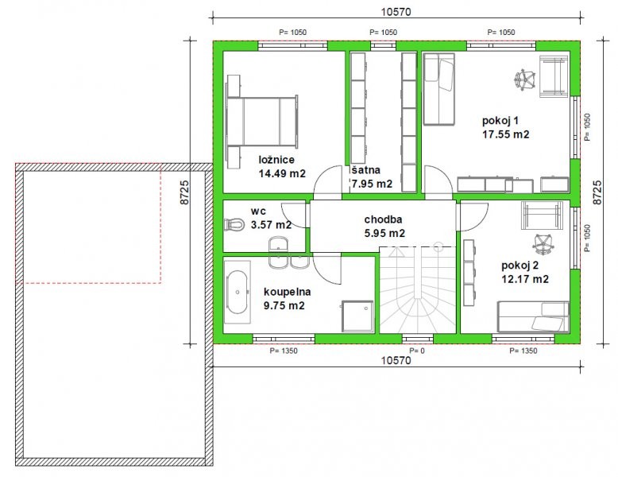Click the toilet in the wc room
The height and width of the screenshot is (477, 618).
234,224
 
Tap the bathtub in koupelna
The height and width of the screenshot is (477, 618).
238,292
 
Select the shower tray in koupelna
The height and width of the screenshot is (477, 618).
357,316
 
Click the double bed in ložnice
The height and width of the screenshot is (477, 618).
262,122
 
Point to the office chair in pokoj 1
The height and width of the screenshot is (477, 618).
524,80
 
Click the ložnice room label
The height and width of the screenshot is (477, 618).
276,160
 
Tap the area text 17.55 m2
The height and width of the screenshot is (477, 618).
506,134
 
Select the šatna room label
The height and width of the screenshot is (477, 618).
365,170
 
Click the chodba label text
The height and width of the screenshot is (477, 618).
383,219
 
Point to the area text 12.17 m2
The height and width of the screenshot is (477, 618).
525,279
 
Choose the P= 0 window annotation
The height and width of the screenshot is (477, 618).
417,351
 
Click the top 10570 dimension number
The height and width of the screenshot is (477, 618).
396,12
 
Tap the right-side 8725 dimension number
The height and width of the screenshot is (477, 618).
597,192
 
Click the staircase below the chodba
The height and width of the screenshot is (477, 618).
417,290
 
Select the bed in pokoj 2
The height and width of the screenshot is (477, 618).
533,317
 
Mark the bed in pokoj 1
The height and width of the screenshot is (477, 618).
438,89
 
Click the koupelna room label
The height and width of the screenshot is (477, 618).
287,292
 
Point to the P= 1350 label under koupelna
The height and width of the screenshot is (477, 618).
284,351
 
